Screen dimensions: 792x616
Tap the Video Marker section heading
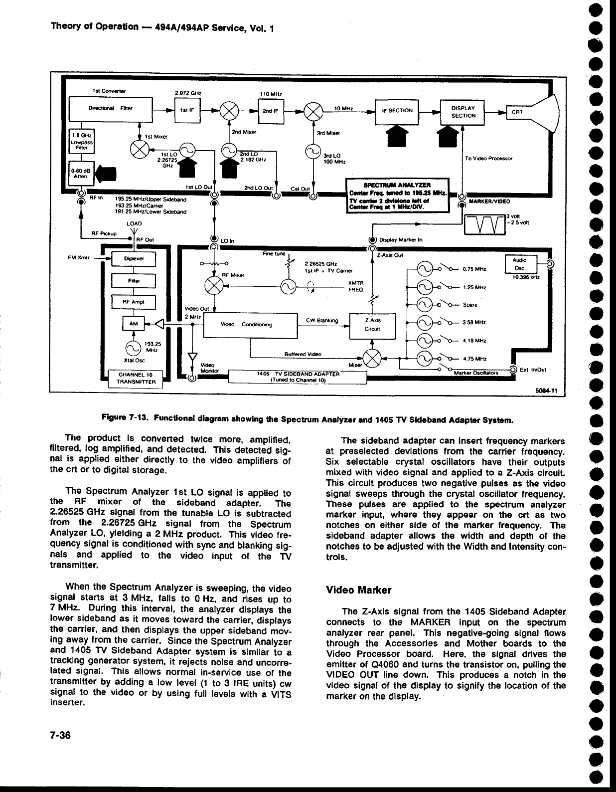pos(358,590)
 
